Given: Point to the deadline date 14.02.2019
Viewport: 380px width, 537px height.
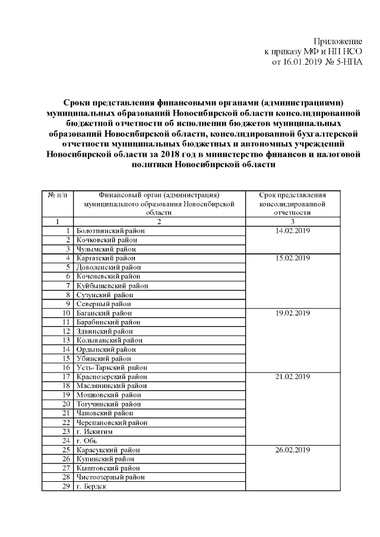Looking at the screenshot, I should coord(293,230).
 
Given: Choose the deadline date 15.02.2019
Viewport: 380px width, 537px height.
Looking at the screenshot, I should coord(293,258).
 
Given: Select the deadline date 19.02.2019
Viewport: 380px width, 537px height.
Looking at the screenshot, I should coord(293,313).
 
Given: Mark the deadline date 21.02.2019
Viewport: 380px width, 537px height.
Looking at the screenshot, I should coord(293,377).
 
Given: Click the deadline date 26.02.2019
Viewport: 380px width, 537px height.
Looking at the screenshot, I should coord(293,450).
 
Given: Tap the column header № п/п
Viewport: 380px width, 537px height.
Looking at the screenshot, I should coord(57,195).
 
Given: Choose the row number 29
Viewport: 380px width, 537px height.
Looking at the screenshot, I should coord(66,487).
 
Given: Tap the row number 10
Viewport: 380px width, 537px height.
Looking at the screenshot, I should coord(66,313).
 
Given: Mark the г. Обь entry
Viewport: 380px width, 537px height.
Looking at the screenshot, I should coord(86,441).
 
